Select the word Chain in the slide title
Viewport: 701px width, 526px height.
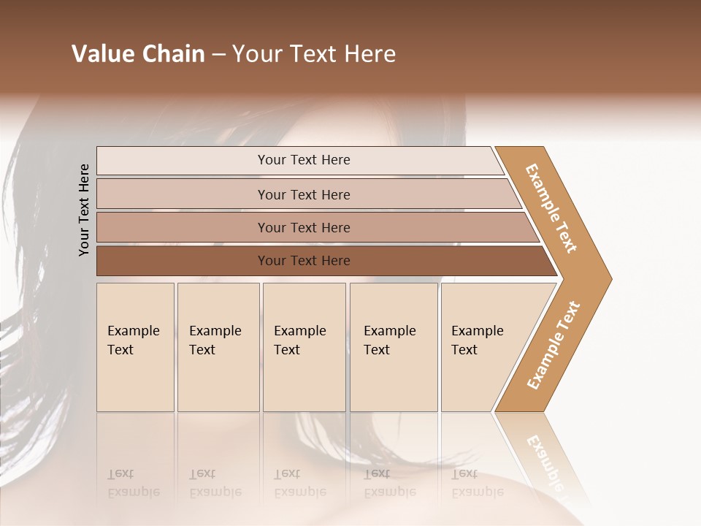point(174,54)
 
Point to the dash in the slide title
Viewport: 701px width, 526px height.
point(218,55)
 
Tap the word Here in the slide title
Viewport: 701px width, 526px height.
point(369,54)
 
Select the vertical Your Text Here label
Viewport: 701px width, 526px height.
point(84,210)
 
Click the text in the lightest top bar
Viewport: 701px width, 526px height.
point(304,160)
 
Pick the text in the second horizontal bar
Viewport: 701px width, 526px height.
point(304,195)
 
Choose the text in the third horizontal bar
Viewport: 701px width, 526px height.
point(304,228)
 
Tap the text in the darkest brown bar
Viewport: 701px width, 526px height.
point(304,261)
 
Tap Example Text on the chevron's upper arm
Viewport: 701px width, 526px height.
point(551,208)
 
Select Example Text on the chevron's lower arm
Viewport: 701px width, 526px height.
point(553,346)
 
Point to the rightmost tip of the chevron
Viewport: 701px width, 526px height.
point(610,278)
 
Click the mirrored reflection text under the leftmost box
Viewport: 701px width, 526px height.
point(134,483)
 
